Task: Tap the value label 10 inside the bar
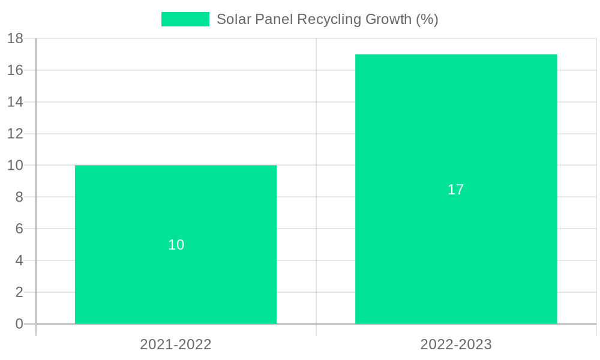click(176, 245)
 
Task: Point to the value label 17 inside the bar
click(456, 190)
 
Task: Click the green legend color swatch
click(185, 19)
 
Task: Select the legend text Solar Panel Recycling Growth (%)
click(327, 19)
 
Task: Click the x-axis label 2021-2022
click(176, 344)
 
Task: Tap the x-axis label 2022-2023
click(456, 344)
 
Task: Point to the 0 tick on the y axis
click(19, 324)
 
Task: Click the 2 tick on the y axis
click(19, 292)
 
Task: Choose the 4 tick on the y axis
click(19, 260)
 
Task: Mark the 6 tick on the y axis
click(19, 229)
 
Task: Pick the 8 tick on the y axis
click(19, 197)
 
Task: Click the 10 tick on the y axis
click(15, 165)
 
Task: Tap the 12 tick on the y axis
click(15, 134)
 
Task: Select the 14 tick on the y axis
click(15, 102)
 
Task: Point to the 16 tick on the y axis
click(15, 70)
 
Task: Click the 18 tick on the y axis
click(15, 38)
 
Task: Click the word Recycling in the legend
click(329, 19)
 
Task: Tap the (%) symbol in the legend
click(427, 19)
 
